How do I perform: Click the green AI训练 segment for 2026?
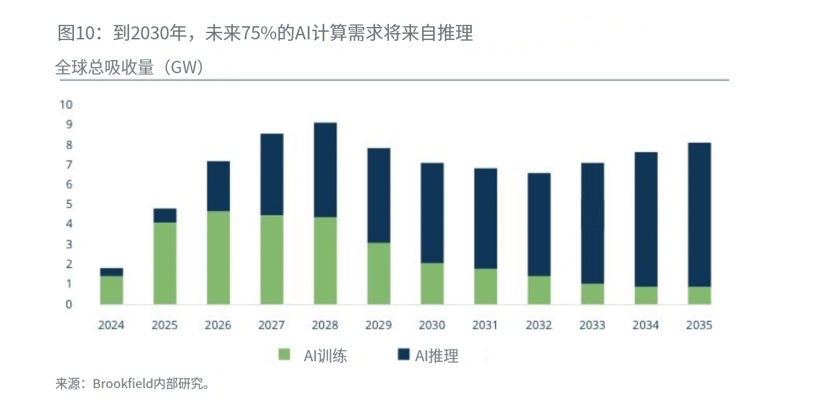[218, 258]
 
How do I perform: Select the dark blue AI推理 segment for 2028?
[325, 170]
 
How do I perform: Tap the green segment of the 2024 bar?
[111, 290]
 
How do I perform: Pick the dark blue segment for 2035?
[699, 215]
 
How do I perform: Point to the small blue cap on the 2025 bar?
[164, 215]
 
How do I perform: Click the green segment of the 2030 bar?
[432, 284]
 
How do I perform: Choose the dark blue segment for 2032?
[539, 224]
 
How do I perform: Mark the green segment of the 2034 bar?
[646, 296]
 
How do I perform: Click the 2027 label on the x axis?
[271, 325]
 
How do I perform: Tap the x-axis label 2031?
[486, 325]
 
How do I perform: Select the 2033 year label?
[592, 325]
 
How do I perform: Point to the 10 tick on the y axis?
[66, 105]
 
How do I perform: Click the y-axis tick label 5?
[69, 204]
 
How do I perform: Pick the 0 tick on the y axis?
[69, 304]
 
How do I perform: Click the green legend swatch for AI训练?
[284, 356]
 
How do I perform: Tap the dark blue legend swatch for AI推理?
[404, 356]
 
